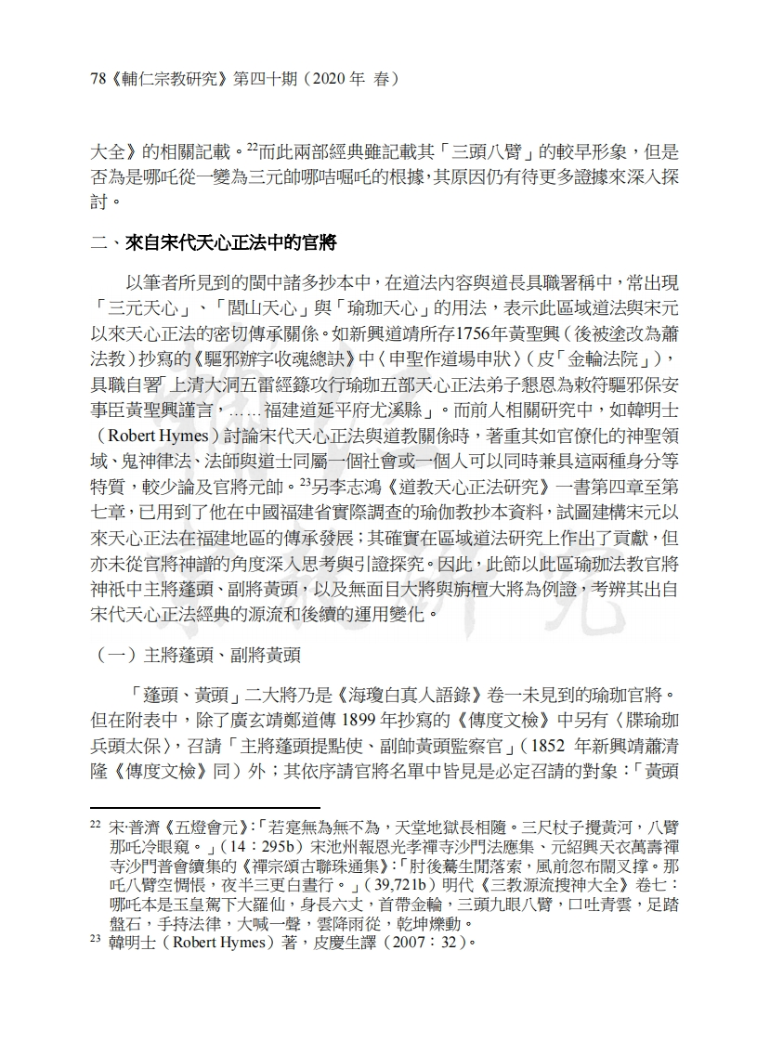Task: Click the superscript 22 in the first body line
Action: pyautogui.click(x=253, y=145)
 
